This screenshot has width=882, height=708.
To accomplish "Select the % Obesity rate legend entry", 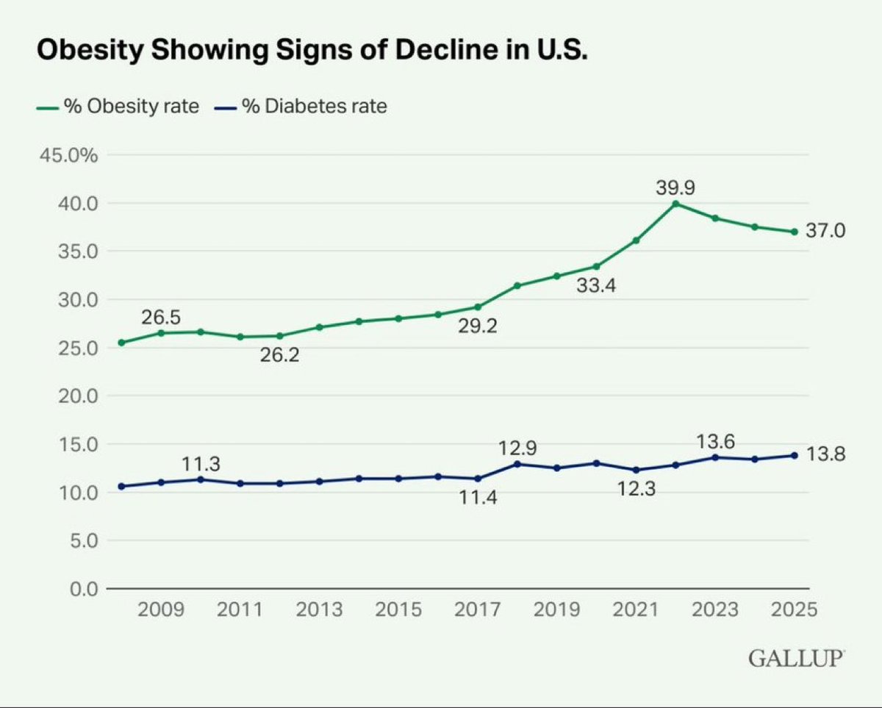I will point(118,107).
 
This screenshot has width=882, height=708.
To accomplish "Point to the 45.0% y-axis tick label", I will point(68,155).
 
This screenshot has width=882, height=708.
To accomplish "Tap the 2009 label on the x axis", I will point(161,610).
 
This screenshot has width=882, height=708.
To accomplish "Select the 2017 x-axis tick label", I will point(478,610).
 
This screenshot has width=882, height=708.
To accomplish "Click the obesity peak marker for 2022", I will point(675,204).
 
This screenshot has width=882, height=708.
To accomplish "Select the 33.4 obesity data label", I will point(596,285).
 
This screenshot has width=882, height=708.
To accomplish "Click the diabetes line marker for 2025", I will point(794,455).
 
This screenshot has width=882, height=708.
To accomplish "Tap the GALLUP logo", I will point(796,658).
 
